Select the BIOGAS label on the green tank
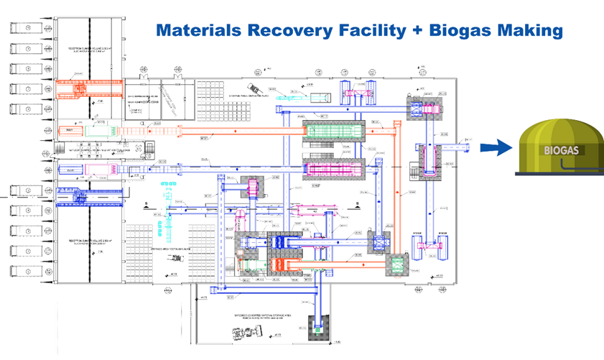(561, 152)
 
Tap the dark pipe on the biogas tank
(567, 167)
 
